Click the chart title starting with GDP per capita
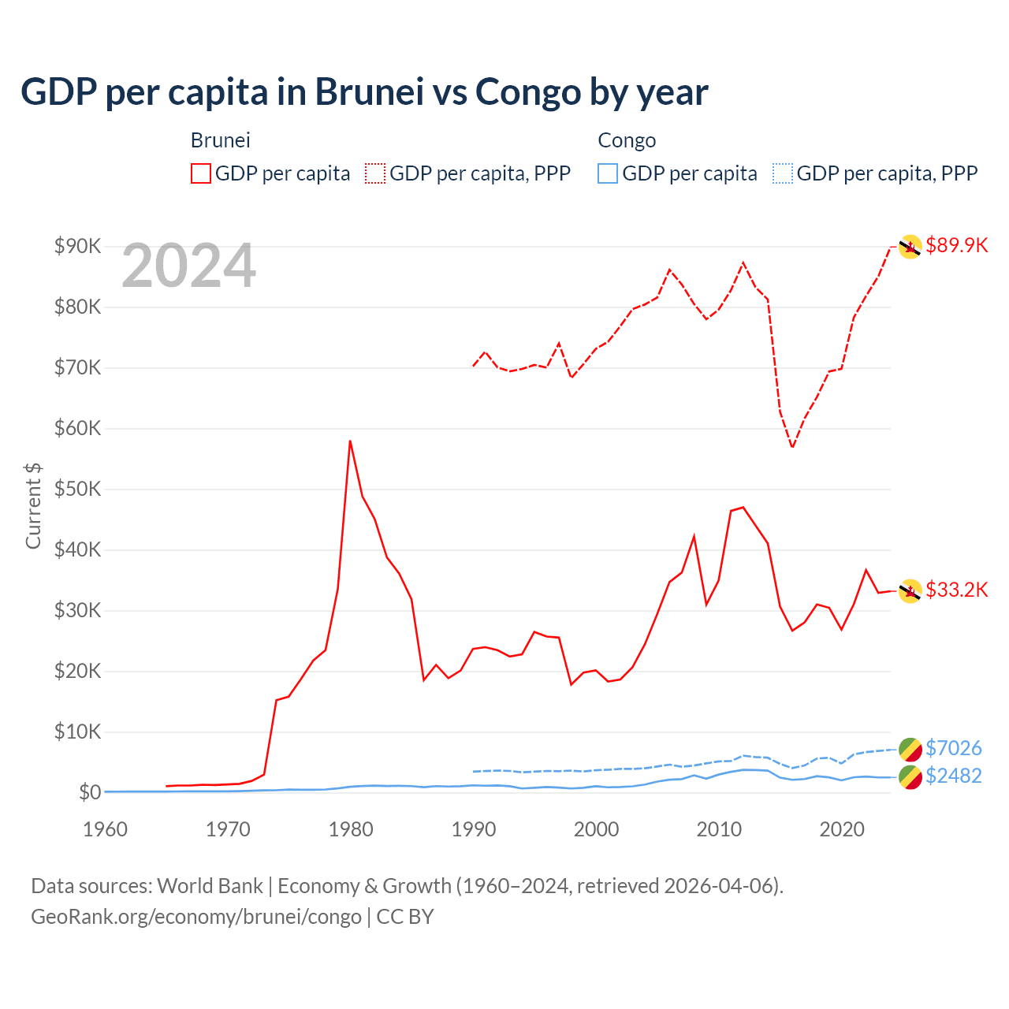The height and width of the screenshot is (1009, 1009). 364,92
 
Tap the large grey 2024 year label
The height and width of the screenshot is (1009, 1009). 188,266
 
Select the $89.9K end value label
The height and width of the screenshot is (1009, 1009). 956,245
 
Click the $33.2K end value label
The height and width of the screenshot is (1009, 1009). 956,590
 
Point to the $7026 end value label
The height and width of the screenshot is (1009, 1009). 953,747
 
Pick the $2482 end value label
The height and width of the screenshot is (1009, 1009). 953,776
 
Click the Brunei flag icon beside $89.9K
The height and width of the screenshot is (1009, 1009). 910,247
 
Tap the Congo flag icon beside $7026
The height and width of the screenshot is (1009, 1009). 910,749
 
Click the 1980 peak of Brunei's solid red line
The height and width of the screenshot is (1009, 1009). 350,441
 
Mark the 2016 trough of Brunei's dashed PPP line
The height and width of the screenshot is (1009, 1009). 792,448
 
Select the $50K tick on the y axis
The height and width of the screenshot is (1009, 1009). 77,489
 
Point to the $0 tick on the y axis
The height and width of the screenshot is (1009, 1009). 89,792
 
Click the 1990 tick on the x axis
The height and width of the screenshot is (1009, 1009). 474,829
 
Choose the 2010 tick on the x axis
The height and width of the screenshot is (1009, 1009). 719,829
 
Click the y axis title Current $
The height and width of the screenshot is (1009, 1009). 33,506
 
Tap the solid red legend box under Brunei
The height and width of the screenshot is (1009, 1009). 201,173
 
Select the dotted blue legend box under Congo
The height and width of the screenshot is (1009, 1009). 782,173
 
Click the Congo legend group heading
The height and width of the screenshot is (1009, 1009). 627,140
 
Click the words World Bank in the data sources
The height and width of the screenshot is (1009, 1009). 210,886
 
